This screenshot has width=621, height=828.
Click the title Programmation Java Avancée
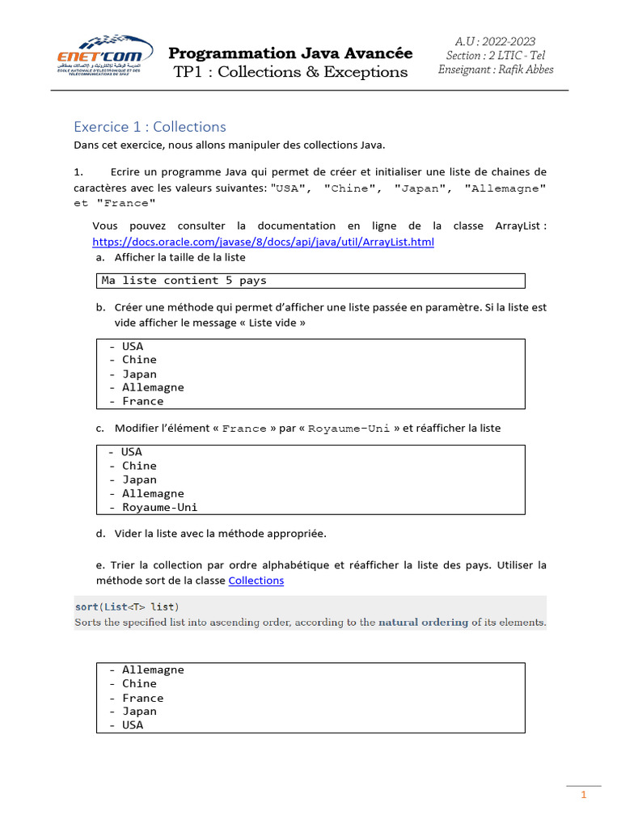[x=290, y=53]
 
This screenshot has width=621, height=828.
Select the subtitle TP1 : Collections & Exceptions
[x=290, y=72]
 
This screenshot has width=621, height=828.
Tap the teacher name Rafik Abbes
[x=526, y=69]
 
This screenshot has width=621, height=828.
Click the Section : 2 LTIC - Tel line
[x=495, y=55]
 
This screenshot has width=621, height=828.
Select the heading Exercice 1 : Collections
[x=150, y=126]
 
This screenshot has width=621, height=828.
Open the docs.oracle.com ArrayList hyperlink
[x=263, y=242]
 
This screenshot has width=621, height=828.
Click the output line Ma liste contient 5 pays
[x=184, y=281]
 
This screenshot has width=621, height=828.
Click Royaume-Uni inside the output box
[x=159, y=508]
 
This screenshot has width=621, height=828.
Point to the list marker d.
[x=100, y=534]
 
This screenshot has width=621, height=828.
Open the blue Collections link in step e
[x=256, y=581]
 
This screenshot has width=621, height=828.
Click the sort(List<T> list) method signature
[x=127, y=606]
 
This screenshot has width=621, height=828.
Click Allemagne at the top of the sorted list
[x=153, y=670]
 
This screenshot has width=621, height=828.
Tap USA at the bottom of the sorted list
[x=133, y=725]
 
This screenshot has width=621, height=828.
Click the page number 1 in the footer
[x=583, y=796]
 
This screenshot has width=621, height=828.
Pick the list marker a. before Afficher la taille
[x=100, y=257]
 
